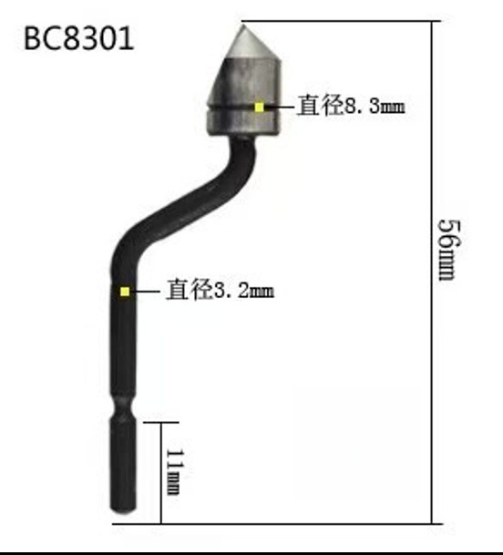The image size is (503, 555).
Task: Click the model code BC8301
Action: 78,39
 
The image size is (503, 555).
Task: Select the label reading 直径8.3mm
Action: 351,106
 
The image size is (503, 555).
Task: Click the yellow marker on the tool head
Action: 260,107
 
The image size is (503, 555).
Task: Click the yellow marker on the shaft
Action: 125,292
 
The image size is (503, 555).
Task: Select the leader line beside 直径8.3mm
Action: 282,106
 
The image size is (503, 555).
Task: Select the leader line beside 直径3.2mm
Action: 148,292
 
